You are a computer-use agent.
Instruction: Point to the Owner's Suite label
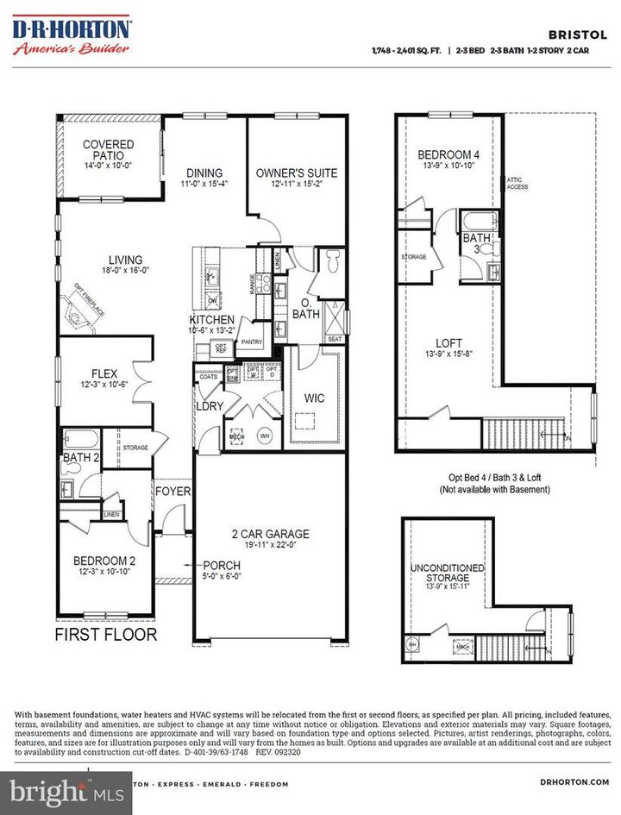296,172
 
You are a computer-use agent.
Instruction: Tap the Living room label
125,260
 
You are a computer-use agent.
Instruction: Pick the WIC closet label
314,399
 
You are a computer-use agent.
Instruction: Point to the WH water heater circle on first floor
266,436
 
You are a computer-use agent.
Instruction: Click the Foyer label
173,491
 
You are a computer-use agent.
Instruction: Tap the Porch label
222,566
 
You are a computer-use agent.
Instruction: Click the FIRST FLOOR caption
106,635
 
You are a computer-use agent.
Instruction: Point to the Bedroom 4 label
448,155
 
